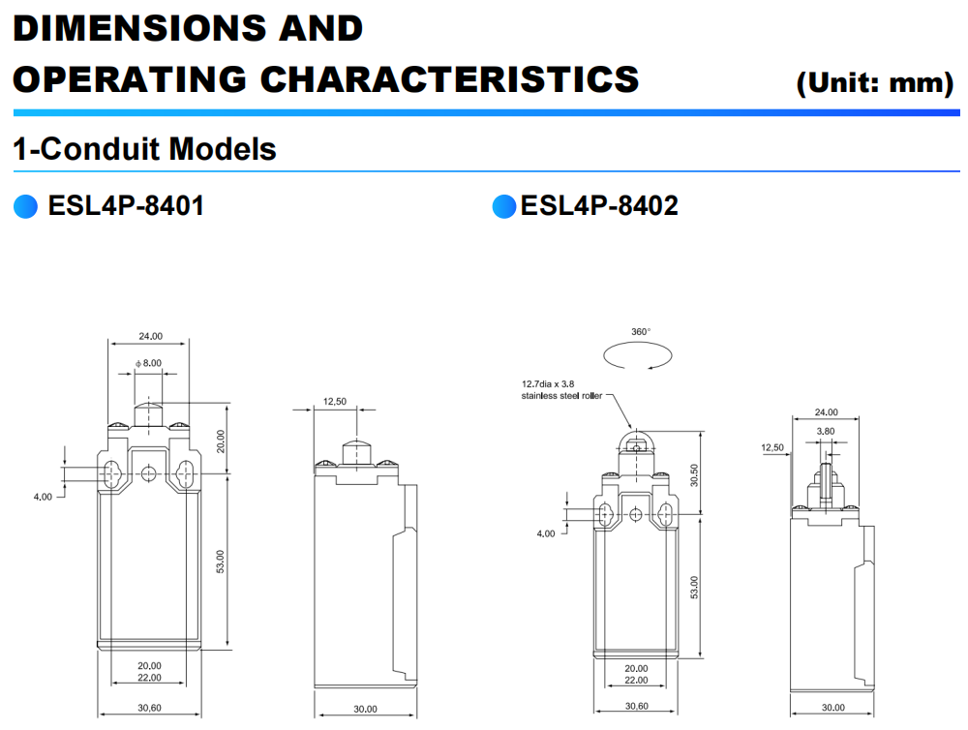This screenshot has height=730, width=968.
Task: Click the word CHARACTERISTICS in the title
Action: click(450, 78)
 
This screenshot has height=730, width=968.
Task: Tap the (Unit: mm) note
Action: click(874, 83)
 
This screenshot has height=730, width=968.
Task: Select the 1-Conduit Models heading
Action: click(144, 149)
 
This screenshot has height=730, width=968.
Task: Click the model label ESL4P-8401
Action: click(126, 205)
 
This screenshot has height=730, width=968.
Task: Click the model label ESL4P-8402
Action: click(599, 205)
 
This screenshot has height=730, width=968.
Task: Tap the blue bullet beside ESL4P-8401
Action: click(24, 206)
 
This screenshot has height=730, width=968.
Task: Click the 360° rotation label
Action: click(641, 331)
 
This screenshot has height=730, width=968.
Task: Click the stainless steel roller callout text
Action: click(561, 390)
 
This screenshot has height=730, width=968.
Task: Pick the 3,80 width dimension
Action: click(826, 431)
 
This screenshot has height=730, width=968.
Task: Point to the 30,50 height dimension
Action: click(694, 474)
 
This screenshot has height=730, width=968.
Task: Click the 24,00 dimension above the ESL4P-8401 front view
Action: click(150, 337)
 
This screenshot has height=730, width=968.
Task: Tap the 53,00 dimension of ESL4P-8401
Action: click(220, 562)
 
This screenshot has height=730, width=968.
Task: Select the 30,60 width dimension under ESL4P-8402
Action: click(636, 706)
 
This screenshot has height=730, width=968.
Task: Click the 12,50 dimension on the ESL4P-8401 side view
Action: click(335, 401)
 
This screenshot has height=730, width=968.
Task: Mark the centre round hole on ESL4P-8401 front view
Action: click(148, 473)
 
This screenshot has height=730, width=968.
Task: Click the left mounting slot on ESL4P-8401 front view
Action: click(110, 474)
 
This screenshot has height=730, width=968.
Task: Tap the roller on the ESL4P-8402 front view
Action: click(635, 445)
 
